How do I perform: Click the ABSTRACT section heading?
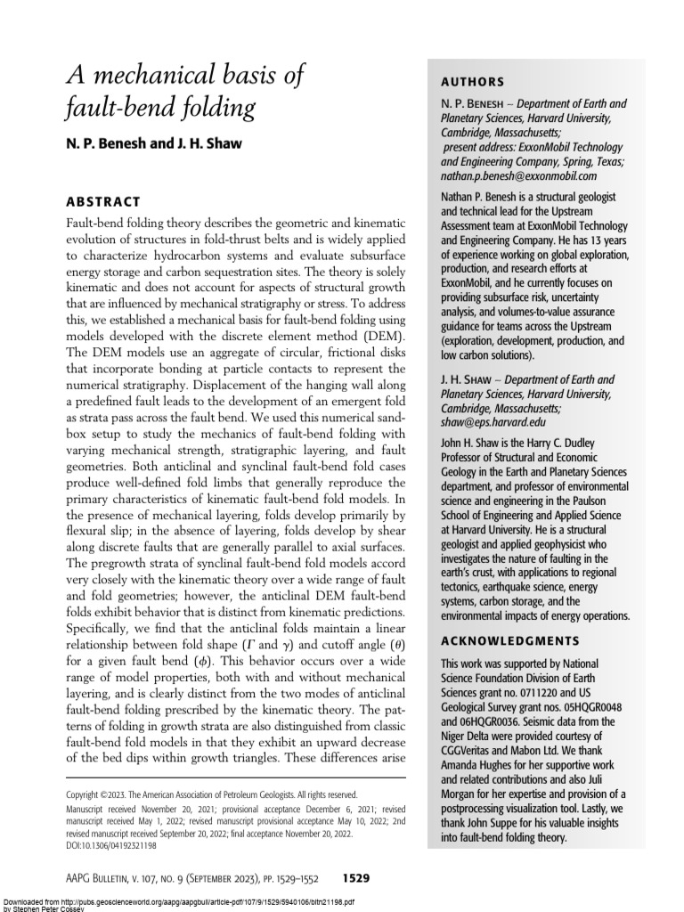pos(103,202)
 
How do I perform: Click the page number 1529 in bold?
pos(352,877)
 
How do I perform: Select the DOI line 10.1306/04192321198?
pos(118,844)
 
